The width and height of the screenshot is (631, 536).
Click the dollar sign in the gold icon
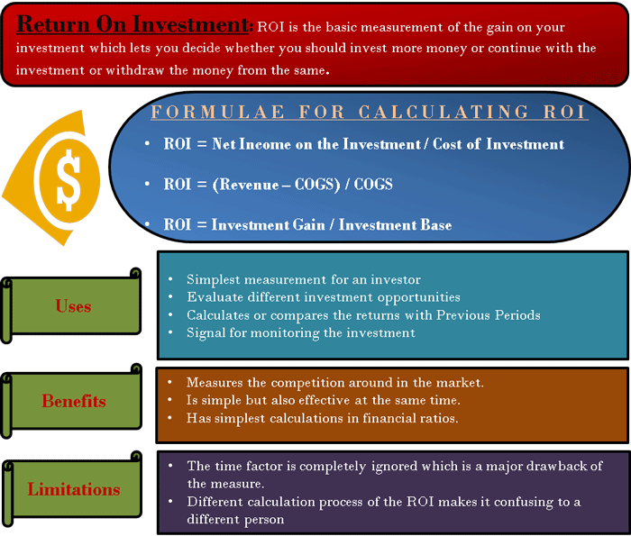tap(69, 180)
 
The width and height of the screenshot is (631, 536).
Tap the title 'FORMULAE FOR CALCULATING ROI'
tap(369, 113)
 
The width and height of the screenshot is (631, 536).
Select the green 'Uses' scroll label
tap(71, 305)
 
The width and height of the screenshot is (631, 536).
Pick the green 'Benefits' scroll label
tap(71, 401)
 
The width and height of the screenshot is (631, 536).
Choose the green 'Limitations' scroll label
tap(71, 489)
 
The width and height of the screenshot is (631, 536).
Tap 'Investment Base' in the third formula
tap(395, 225)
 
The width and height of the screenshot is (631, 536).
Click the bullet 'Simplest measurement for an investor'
tap(304, 279)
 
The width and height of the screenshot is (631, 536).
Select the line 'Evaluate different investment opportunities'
tap(324, 297)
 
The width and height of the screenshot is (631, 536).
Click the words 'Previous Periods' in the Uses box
tap(489, 315)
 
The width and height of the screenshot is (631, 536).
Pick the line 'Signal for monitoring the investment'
tap(300, 333)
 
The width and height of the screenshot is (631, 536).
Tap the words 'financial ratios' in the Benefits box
tap(410, 418)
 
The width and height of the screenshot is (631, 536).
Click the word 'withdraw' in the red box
tap(135, 70)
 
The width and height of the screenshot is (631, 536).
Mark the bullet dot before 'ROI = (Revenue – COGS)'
tap(147, 184)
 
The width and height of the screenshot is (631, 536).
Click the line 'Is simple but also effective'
tap(324, 400)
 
